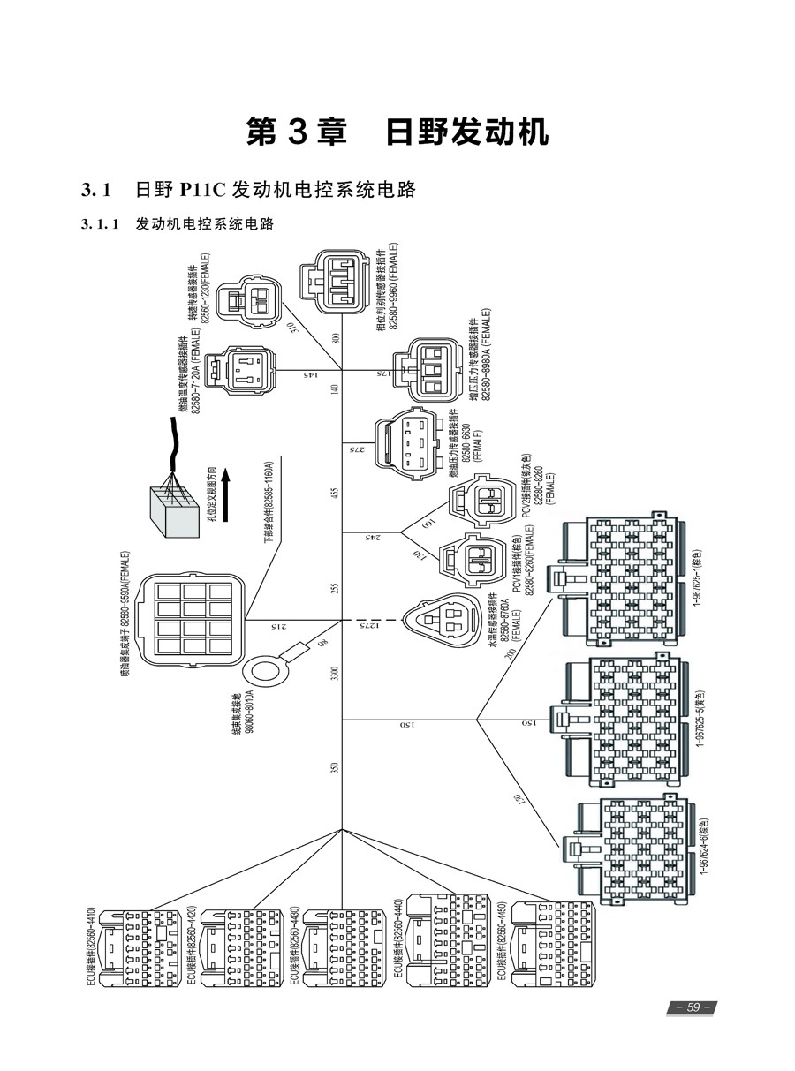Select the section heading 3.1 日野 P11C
(x=248, y=190)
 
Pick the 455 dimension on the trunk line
(x=334, y=494)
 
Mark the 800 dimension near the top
(x=335, y=338)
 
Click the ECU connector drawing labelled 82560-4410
(x=141, y=948)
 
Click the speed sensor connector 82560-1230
(x=247, y=300)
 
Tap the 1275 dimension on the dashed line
(x=369, y=625)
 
